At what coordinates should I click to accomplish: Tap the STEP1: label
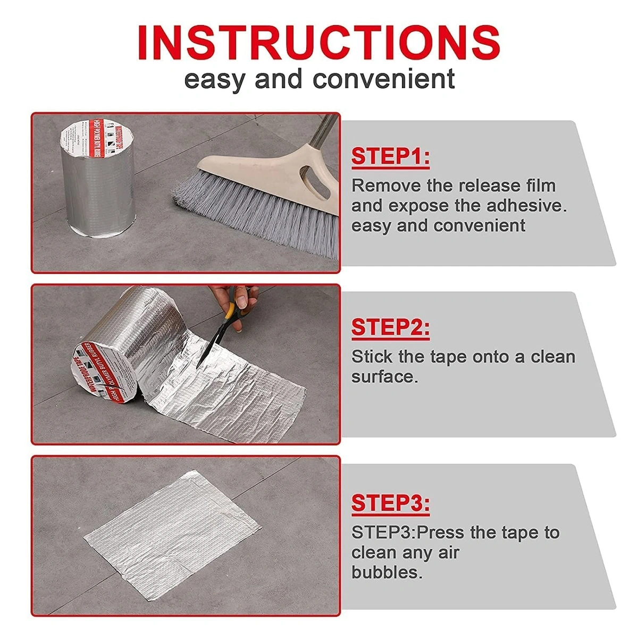[390, 157]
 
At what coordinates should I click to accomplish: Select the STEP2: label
[390, 328]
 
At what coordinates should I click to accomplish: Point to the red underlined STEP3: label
[390, 502]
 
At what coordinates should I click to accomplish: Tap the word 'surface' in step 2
[383, 376]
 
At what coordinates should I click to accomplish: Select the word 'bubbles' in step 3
[385, 572]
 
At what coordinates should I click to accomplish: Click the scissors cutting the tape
[218, 335]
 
